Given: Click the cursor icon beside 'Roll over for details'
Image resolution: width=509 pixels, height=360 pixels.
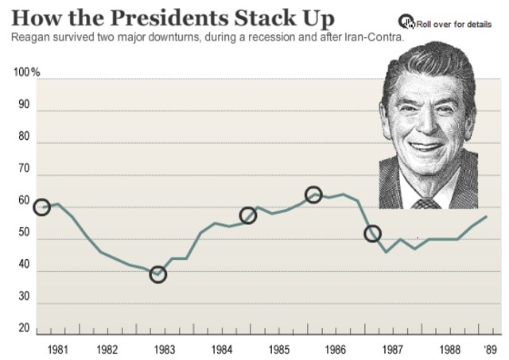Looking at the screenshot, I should pyautogui.click(x=406, y=21).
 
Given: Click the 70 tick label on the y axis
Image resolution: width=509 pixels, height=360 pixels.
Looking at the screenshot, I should pyautogui.click(x=23, y=169).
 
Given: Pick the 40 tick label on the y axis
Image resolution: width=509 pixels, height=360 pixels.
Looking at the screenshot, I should pyautogui.click(x=23, y=266).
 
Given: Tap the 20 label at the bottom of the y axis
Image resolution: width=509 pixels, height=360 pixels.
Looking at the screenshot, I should pyautogui.click(x=23, y=328).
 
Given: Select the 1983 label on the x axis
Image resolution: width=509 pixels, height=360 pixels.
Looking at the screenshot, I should pyautogui.click(x=164, y=349).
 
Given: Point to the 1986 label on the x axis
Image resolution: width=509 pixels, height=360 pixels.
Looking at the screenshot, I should pyautogui.click(x=335, y=349).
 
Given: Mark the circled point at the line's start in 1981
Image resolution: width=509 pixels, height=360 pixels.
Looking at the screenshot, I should pyautogui.click(x=41, y=207).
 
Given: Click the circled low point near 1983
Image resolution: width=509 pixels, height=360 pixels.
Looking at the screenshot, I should pyautogui.click(x=158, y=275).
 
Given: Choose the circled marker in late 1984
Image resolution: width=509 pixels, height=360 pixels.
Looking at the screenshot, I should pyautogui.click(x=248, y=215).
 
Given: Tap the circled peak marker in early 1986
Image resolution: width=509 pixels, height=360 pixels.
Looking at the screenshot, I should pyautogui.click(x=313, y=195).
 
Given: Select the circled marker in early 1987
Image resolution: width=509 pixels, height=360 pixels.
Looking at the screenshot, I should pyautogui.click(x=372, y=234).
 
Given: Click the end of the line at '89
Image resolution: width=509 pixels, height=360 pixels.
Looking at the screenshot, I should pyautogui.click(x=486, y=217).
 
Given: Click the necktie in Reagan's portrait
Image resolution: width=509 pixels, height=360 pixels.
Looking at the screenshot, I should pyautogui.click(x=426, y=203).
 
